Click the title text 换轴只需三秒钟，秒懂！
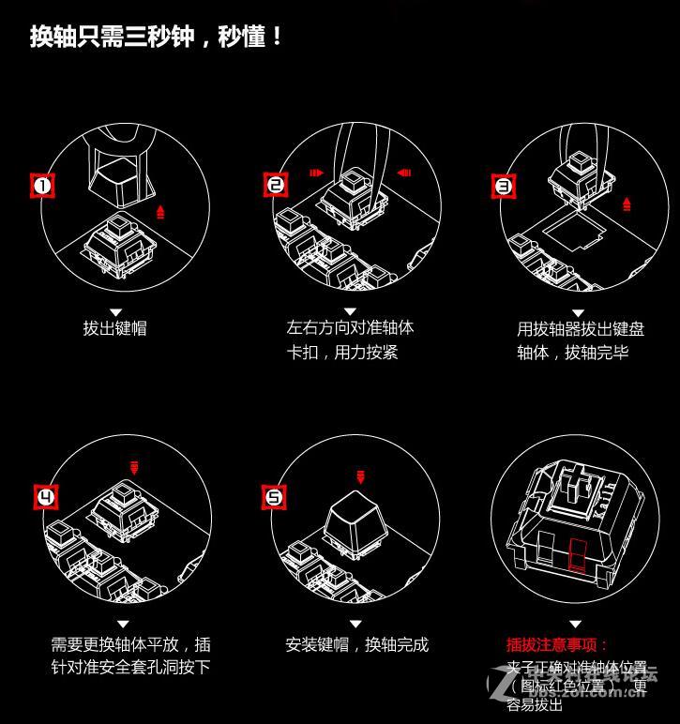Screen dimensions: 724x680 156,38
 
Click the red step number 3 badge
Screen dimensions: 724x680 504,186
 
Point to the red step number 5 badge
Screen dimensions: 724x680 274,496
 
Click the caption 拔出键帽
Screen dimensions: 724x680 114,328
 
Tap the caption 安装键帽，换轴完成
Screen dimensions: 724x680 356,644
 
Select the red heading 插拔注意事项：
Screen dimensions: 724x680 557,644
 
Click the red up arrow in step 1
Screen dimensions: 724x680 161,211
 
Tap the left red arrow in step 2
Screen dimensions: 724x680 316,173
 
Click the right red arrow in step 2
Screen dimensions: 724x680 405,173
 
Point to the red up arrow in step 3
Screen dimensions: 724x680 627,204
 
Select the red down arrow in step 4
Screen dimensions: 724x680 135,466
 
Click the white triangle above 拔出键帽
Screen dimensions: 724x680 116,311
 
